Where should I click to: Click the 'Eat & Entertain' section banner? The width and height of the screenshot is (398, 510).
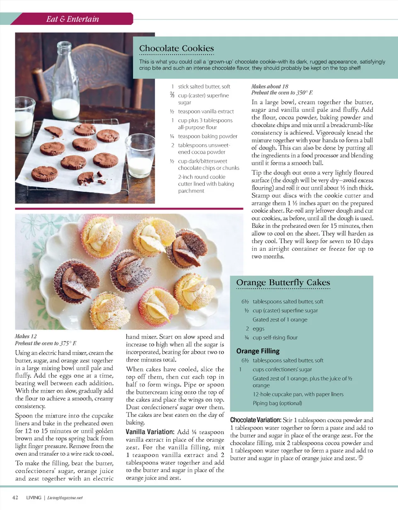tap(72, 19)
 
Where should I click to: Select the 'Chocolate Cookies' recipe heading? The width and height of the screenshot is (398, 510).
tap(177, 49)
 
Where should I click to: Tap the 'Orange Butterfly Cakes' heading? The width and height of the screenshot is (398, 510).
tap(283, 283)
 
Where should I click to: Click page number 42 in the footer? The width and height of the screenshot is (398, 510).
tap(15, 498)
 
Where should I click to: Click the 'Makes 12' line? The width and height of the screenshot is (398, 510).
tap(28, 336)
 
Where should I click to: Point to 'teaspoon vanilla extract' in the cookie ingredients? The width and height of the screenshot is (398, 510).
tap(206, 111)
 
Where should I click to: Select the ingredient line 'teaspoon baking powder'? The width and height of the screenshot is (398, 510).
tap(207, 136)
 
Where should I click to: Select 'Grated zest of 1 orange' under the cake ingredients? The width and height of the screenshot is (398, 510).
tap(280, 319)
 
